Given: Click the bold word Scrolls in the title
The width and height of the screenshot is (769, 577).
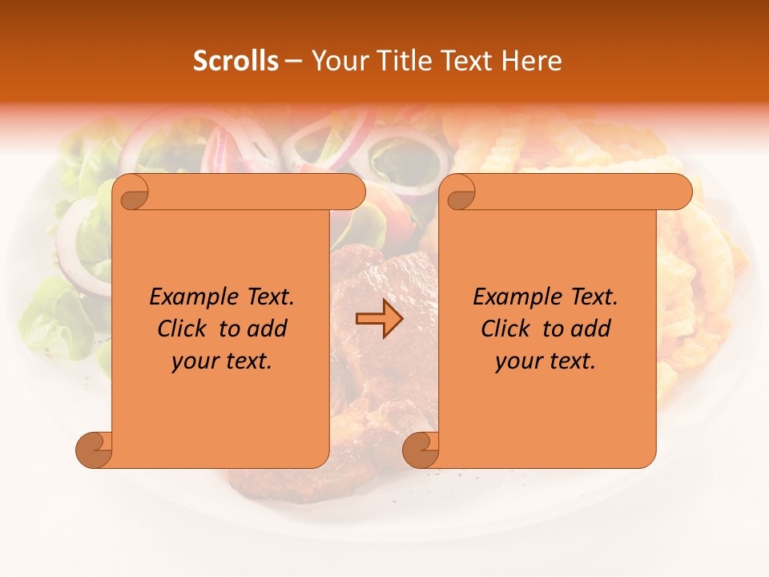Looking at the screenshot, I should (236, 61).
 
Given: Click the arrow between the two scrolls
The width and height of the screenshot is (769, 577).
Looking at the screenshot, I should (379, 320).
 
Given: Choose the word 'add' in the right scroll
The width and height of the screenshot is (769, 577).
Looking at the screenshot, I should (591, 329).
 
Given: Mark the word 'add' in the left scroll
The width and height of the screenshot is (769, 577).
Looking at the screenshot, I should (268, 329).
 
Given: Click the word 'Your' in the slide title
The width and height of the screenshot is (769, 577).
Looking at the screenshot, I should (336, 61).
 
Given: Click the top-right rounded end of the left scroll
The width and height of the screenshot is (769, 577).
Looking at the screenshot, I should (352, 192).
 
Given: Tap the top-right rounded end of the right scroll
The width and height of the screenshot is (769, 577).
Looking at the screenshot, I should (679, 192).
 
